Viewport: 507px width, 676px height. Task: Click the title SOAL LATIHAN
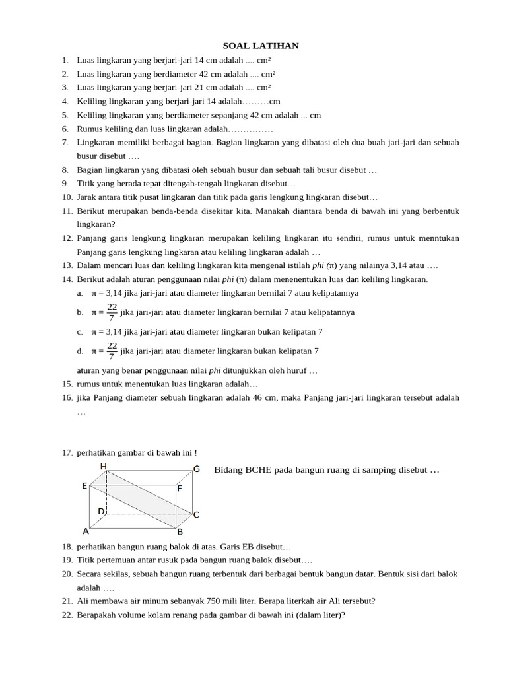tap(261, 46)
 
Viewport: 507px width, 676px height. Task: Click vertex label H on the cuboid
tap(104, 467)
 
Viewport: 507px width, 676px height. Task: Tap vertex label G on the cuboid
tap(197, 469)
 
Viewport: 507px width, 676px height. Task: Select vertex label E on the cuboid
tap(84, 486)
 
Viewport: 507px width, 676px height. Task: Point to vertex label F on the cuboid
tap(180, 489)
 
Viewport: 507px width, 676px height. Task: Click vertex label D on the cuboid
tap(101, 511)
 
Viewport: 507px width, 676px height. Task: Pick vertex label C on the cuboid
tap(196, 514)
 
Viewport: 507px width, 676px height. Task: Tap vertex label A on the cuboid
tap(85, 531)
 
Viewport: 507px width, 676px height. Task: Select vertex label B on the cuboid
tap(180, 531)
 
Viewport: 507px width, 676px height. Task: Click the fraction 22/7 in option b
tap(112, 312)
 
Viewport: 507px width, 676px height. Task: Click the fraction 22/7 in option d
tap(112, 351)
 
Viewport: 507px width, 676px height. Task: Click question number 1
tap(65, 60)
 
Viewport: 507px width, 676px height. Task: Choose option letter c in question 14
tap(80, 331)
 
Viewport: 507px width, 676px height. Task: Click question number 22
tap(67, 615)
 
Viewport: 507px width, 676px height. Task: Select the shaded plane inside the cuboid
tap(140, 500)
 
